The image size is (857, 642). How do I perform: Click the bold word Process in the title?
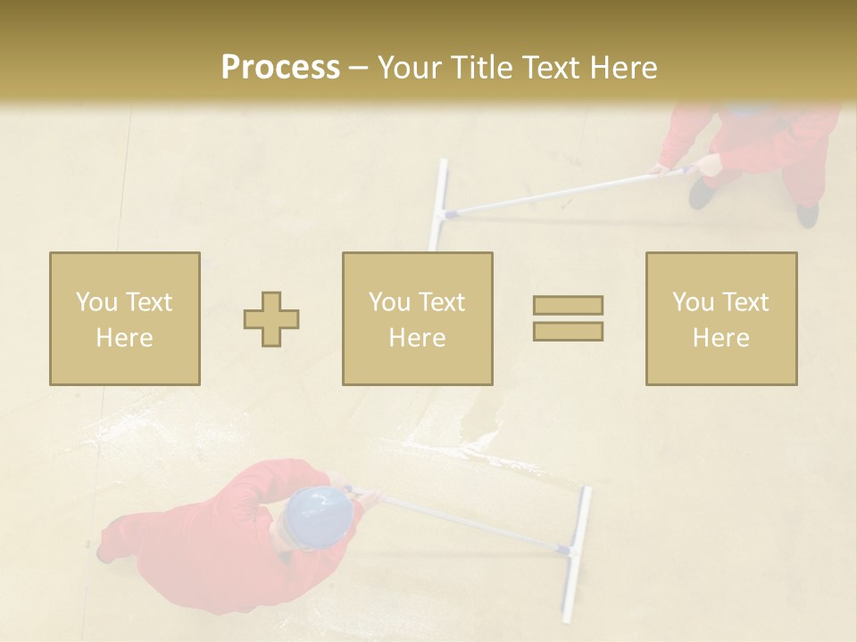pos(280,68)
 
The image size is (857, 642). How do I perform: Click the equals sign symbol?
pos(568,318)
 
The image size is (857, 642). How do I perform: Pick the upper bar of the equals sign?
pos(568,305)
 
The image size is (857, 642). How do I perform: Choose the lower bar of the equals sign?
pos(568,332)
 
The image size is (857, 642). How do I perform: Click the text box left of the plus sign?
pos(125,319)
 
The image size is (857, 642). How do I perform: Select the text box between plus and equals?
pos(418,319)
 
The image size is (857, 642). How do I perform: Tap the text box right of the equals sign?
pos(721,319)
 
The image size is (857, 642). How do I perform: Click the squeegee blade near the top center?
pos(437,205)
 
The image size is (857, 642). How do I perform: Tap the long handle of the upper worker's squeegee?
pos(553,192)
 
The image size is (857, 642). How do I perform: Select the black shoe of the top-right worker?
pos(702,193)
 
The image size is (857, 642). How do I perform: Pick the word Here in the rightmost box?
pos(720,338)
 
